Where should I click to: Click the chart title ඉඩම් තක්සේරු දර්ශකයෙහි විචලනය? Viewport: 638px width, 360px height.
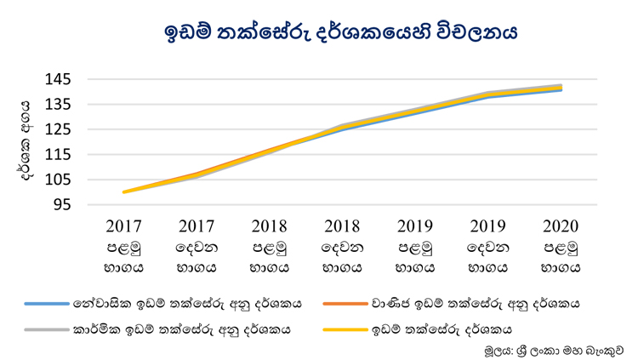340,32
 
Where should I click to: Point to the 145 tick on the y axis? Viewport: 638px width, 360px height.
58,79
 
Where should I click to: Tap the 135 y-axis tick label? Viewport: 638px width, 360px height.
58,104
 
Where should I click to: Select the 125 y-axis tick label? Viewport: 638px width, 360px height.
58,129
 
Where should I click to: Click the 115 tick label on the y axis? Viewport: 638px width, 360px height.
58,155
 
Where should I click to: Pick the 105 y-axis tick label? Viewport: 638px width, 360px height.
58,180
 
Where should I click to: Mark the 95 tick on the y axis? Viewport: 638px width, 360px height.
62,205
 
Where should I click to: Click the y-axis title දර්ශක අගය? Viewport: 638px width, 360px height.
25,141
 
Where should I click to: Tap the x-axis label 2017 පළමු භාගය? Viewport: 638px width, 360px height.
123,247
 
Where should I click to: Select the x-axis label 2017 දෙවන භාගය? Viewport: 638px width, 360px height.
197,247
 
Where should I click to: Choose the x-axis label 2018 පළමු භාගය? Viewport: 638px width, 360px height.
270,247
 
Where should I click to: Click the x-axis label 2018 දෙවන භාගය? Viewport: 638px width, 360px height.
342,247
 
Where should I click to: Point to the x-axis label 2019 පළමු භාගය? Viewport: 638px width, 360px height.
415,247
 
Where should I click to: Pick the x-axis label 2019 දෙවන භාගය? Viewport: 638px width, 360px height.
488,247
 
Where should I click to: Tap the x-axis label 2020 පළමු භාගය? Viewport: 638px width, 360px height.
561,247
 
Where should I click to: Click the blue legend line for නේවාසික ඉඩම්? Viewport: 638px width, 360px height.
47,304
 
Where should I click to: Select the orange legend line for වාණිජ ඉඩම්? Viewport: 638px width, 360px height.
345,304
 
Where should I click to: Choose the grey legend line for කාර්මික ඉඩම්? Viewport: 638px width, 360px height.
47,329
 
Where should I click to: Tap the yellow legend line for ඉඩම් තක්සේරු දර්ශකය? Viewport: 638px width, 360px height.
345,329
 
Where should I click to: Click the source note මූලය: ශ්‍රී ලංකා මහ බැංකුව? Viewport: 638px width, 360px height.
554,351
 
